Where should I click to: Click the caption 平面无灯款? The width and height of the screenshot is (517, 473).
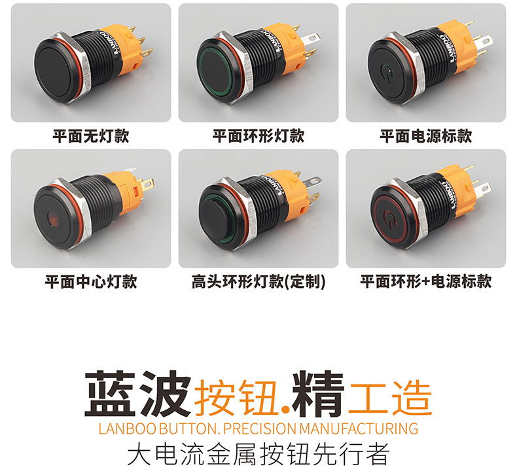91,136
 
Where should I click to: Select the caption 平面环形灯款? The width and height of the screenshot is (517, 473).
258,136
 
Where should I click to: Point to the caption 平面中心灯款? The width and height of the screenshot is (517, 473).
91,282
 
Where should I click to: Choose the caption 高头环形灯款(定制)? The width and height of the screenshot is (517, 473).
258,282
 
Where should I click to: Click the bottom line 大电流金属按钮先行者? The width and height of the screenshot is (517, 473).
258,453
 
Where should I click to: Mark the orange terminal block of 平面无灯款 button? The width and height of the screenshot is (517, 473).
131,46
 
